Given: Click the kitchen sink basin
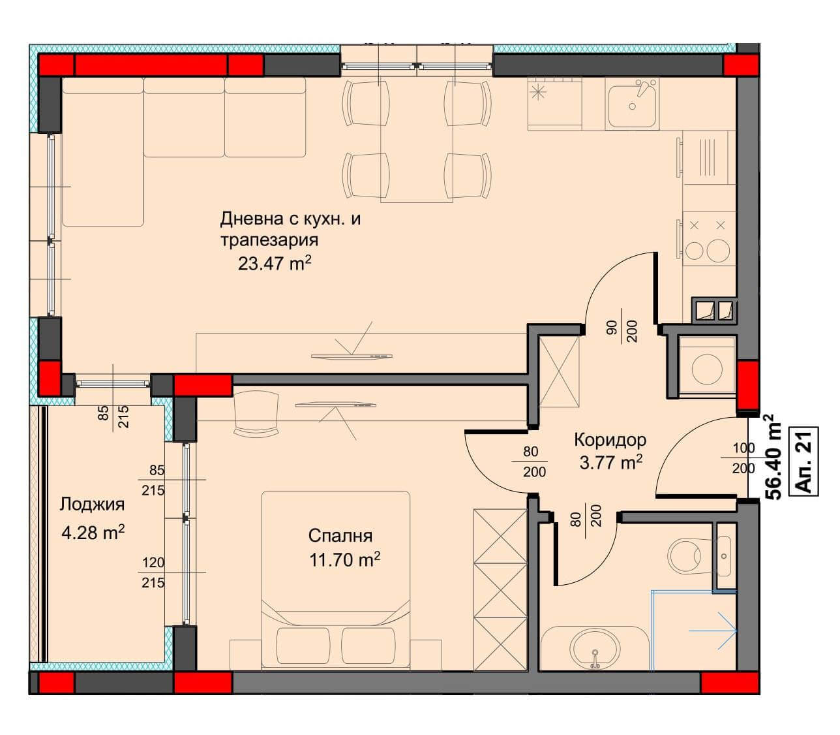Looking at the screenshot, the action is tap(632, 106).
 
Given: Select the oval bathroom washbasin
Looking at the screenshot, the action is tap(595, 652).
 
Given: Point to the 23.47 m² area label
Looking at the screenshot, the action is tap(275, 263).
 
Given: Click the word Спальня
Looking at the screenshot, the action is tap(340, 536).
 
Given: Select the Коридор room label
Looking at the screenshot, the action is tap(610, 439).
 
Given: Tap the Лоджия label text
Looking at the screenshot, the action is tap(92, 505).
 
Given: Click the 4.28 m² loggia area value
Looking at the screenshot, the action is tap(93, 533).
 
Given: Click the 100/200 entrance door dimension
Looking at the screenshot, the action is tap(743, 458).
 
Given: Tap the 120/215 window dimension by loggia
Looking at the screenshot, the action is tap(153, 572).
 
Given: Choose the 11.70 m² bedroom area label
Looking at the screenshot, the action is tap(344, 559).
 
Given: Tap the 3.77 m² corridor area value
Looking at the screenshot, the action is tap(610, 463).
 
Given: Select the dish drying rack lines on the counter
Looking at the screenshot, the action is tap(706, 157).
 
